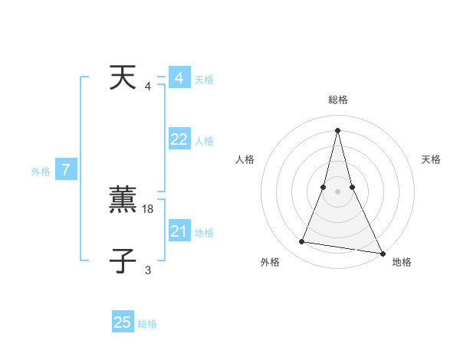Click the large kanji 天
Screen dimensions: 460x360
coord(123,77)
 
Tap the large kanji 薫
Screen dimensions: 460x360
coord(123,200)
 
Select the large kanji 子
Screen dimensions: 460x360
coord(123,261)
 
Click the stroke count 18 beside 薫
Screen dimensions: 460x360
coord(149,208)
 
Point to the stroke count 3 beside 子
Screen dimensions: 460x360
coord(148,270)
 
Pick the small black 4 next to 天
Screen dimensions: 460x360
coord(148,86)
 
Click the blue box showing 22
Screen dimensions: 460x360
coord(179,139)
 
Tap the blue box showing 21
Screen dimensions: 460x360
coord(179,231)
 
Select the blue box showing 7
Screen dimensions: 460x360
coord(66,170)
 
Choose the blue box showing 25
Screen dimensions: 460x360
coord(123,322)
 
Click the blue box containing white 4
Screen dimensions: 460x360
coord(179,78)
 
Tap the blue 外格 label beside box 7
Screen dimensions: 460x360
coord(41,172)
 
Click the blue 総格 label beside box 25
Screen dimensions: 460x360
coord(147,324)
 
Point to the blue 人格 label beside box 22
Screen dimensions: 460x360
coord(204,141)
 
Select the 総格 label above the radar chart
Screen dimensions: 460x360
coord(338,100)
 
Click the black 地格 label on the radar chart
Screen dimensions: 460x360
coord(402,262)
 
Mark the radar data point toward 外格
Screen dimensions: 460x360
coord(302,242)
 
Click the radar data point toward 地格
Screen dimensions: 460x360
coord(382,254)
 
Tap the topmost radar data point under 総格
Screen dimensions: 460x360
coord(337,129)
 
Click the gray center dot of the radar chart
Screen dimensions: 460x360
coord(337,191)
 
